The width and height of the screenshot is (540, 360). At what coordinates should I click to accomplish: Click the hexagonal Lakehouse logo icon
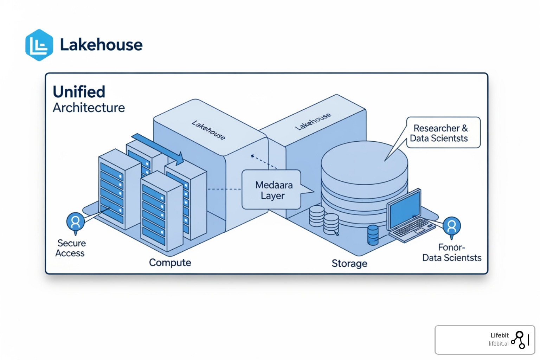[39, 45]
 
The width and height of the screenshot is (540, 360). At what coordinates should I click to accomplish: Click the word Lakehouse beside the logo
[101, 45]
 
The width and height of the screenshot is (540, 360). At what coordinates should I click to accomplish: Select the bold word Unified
[79, 92]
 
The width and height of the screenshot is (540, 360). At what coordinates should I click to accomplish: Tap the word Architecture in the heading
[89, 108]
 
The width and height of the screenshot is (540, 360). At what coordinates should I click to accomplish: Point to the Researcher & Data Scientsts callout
[443, 133]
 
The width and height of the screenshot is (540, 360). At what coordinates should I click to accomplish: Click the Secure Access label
[71, 248]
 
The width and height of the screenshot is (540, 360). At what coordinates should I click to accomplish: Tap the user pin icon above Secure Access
[75, 222]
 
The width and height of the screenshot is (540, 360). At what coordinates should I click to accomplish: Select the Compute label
[170, 263]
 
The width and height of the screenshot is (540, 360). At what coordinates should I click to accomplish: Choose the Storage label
[349, 263]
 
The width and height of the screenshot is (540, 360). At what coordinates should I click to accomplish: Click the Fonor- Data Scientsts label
[452, 253]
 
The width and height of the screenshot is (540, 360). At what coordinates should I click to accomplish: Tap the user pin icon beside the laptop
[451, 226]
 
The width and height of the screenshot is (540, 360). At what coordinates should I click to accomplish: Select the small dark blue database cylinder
[373, 235]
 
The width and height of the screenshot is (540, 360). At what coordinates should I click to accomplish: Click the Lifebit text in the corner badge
[499, 335]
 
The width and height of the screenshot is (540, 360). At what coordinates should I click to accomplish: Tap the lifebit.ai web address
[498, 344]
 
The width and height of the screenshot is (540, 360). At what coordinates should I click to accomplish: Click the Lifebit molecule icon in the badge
[520, 340]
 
